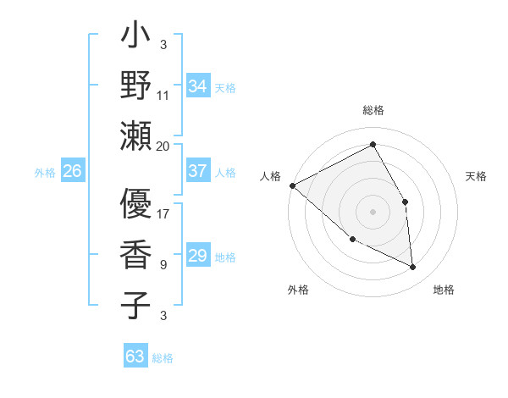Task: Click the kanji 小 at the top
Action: (135, 39)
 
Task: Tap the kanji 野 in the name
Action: (135, 86)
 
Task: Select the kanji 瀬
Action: (135, 135)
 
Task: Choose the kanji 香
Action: (135, 255)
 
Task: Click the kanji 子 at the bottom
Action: (135, 305)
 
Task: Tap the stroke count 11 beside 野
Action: (163, 95)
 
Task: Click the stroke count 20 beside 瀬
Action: (163, 146)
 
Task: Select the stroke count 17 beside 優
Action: (163, 213)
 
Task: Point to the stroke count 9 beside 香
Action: (163, 264)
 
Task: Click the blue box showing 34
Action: (197, 86)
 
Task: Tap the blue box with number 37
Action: (197, 171)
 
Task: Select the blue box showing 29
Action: (197, 256)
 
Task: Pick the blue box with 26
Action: (72, 171)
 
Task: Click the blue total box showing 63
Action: (135, 356)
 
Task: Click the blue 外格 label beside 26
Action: (45, 172)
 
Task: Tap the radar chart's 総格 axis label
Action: (373, 111)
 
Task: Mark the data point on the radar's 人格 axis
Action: (292, 185)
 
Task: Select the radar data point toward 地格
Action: (412, 267)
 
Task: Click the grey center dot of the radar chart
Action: (373, 211)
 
